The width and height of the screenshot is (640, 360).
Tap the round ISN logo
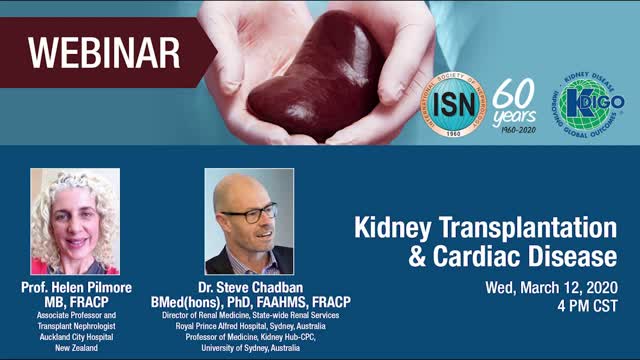(x=451, y=104)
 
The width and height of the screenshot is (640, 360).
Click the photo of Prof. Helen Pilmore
(x=75, y=221)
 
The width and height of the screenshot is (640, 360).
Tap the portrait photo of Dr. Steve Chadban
(x=249, y=221)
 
